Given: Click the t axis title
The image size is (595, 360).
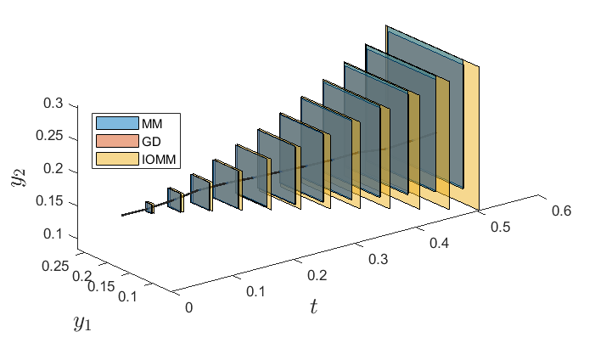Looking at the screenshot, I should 313,307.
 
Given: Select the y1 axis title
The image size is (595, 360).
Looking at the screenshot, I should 82,323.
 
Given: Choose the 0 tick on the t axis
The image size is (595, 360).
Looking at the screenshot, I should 189,307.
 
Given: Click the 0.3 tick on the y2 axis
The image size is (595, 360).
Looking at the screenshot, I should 53,104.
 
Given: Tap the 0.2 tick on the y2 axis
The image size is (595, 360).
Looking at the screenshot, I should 53,169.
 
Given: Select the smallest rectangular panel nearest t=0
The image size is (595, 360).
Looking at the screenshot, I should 149,207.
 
